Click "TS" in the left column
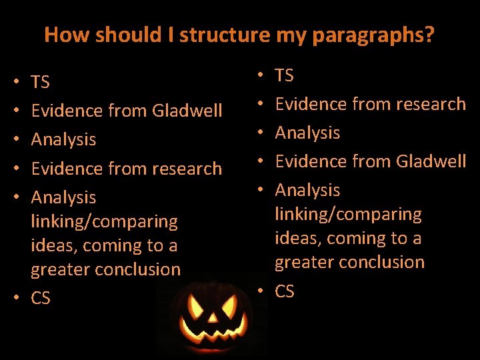pyautogui.click(x=40, y=82)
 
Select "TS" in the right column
pyautogui.click(x=285, y=75)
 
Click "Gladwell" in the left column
pyautogui.click(x=187, y=111)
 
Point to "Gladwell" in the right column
pyautogui.click(x=431, y=161)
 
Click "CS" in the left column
pyautogui.click(x=41, y=298)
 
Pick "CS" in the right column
pyautogui.click(x=285, y=291)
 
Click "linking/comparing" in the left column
pyautogui.click(x=104, y=221)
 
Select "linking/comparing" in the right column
pyautogui.click(x=349, y=215)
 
